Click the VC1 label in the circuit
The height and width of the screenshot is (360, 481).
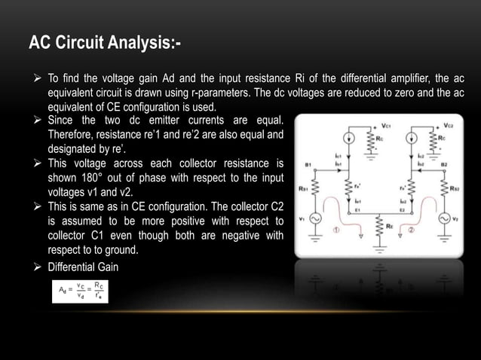point(387,124)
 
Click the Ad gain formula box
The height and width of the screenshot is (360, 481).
point(80,290)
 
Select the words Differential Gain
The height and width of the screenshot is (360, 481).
point(83,267)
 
